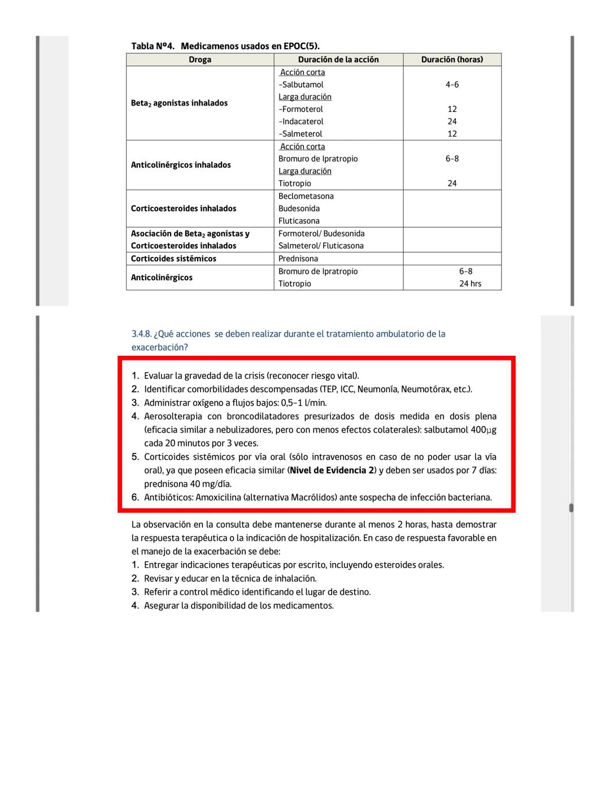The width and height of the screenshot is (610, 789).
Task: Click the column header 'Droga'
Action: pos(200,59)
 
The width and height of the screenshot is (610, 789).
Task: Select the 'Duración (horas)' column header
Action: pos(452,59)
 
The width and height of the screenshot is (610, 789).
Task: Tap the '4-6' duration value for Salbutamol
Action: pos(452,85)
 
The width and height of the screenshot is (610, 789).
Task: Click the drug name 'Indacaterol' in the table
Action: pos(302,121)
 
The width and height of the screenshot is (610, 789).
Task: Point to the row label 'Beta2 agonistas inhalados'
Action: pos(179,103)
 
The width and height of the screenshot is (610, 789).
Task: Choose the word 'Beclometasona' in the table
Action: pos(306,196)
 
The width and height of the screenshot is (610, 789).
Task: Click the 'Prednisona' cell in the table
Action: pos(298,259)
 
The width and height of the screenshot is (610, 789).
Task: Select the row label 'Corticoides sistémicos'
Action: pos(173,259)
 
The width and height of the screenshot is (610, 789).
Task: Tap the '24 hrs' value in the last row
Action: pos(470,284)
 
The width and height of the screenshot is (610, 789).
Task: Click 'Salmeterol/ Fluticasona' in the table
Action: pos(321,246)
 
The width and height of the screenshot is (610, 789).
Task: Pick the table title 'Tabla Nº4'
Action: pos(152,46)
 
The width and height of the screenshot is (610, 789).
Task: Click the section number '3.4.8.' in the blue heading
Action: pos(141,334)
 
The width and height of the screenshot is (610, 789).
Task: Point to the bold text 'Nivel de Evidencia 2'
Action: pos(332,470)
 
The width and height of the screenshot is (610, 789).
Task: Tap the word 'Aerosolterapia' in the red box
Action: pos(173,416)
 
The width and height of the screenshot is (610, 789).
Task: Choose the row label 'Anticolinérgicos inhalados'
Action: pos(181,165)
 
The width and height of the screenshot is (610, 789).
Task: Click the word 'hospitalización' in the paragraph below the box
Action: pos(329,538)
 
